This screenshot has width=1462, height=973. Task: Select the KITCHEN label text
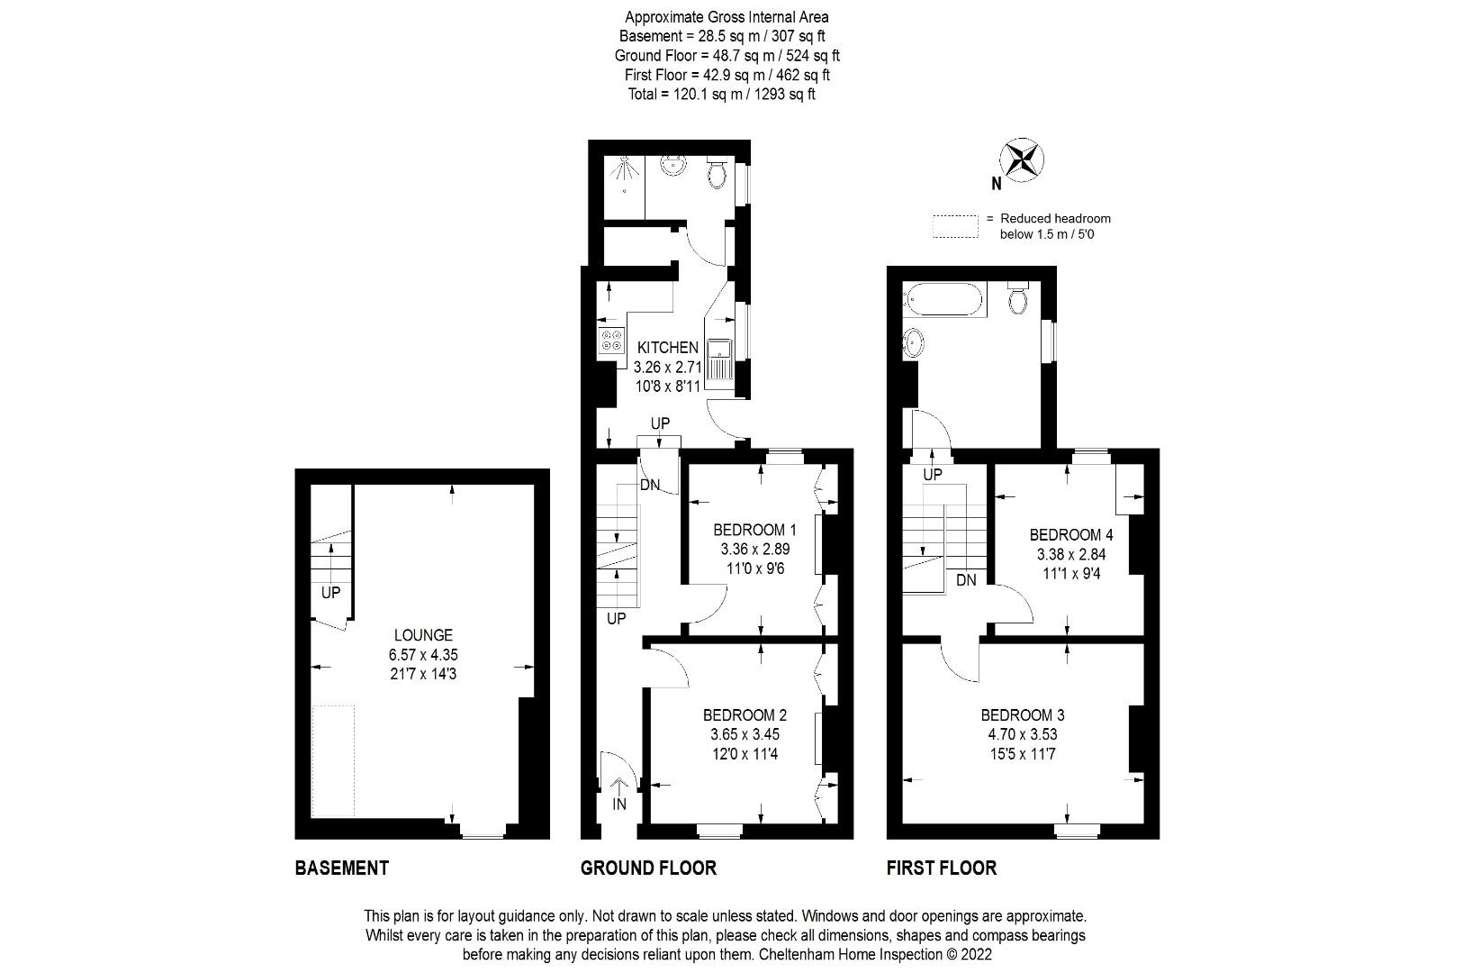point(667,348)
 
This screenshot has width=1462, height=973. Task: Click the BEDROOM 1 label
point(754,529)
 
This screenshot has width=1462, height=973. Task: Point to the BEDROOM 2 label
point(745,714)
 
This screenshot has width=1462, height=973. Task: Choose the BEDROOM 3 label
point(1023,714)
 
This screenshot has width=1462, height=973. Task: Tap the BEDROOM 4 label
point(1065,534)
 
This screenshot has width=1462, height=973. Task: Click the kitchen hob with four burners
point(611,341)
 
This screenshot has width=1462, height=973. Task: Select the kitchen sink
point(721,361)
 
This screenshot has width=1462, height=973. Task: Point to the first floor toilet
point(1018,298)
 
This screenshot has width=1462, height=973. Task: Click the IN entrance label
point(619,804)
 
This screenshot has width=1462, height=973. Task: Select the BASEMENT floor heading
point(342,868)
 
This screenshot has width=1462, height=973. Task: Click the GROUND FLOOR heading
point(648,868)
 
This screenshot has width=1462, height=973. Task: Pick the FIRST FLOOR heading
point(942,868)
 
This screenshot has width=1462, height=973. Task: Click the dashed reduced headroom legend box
point(955,225)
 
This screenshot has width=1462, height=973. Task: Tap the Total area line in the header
point(722,94)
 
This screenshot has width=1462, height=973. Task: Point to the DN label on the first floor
point(966,580)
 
